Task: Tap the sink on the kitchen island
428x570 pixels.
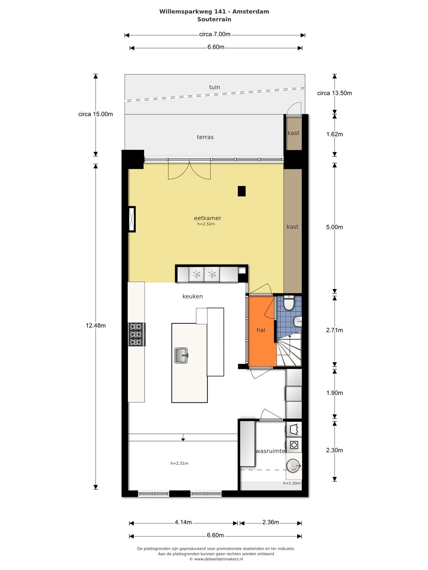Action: tap(182, 355)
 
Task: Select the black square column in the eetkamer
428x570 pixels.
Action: tap(242, 191)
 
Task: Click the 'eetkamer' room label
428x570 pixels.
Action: tap(207, 218)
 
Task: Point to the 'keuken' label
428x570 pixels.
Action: tap(192, 296)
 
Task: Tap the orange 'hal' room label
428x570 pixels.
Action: tap(261, 330)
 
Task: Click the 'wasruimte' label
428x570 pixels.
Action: tap(270, 451)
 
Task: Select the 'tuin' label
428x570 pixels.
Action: tap(215, 87)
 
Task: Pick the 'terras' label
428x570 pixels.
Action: tap(205, 137)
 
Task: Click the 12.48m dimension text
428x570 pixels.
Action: tap(96, 326)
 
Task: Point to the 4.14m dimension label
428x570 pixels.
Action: tap(183, 522)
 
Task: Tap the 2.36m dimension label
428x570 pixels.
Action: tap(271, 522)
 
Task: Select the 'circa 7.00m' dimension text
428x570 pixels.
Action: tap(215, 34)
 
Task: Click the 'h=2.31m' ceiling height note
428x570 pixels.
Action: tap(179, 463)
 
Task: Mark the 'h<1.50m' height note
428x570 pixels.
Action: tap(292, 483)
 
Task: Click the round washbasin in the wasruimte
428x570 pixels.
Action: tap(293, 465)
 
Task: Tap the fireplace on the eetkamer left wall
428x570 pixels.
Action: tap(132, 219)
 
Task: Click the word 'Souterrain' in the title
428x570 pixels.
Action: tap(214, 19)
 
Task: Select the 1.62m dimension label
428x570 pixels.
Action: tap(334, 134)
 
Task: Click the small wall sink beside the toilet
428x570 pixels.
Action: tap(298, 321)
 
